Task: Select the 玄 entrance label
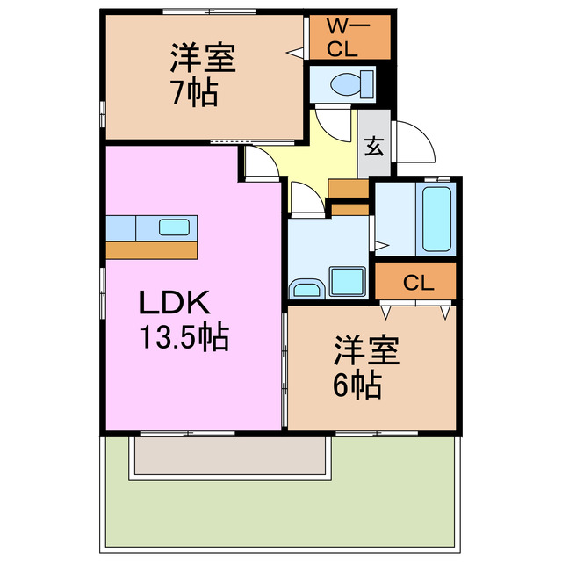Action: [374, 146]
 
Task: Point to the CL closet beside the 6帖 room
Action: [418, 283]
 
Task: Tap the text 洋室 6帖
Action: [364, 369]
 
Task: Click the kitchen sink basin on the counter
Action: [172, 227]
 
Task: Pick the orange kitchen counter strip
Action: [151, 250]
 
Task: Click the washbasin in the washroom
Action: [306, 288]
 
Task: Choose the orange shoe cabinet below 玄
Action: [349, 188]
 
